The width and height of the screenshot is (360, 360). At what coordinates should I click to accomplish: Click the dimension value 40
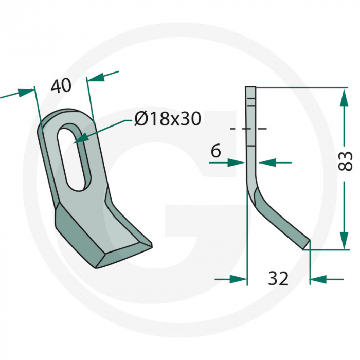61,86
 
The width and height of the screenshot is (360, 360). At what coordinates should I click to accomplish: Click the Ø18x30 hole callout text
167,119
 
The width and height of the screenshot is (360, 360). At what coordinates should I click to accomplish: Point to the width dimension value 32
278,279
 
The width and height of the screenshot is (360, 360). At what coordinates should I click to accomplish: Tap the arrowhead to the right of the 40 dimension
96,77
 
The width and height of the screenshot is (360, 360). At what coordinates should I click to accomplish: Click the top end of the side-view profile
250,88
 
